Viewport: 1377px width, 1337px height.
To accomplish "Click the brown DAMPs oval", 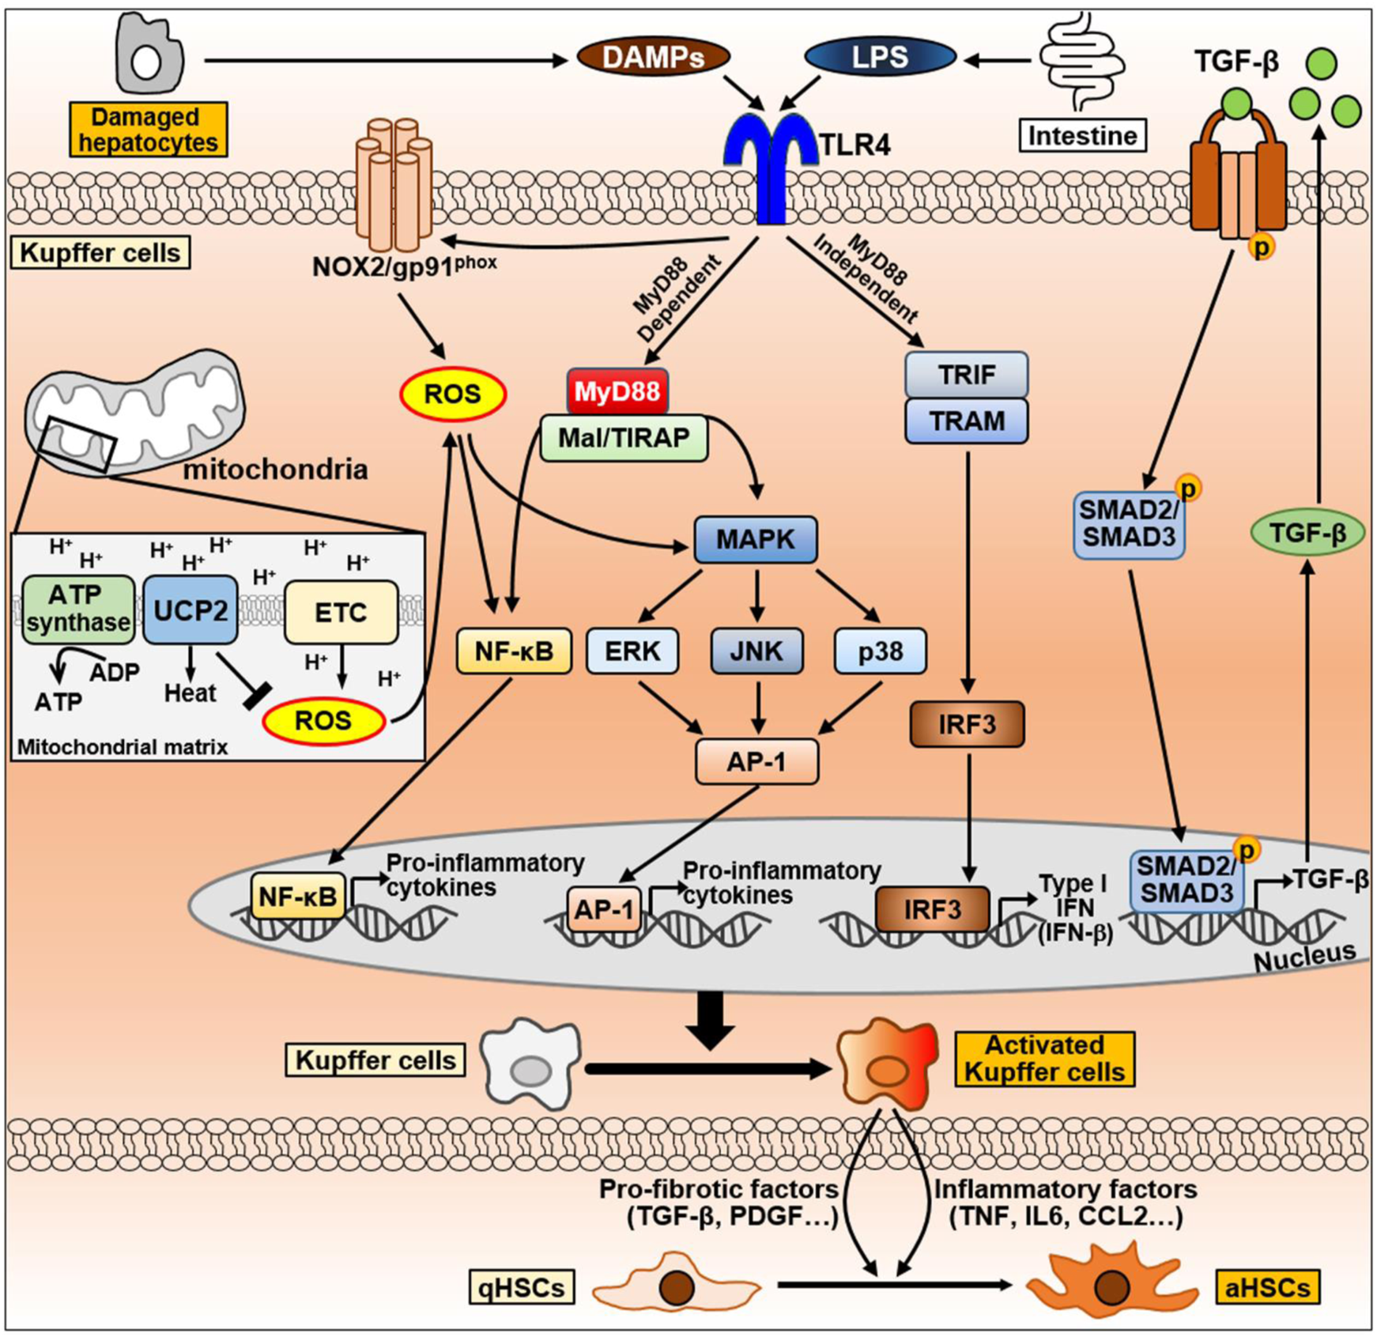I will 653,57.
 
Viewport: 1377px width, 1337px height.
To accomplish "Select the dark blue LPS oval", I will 880,57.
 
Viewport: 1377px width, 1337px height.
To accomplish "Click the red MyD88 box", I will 617,391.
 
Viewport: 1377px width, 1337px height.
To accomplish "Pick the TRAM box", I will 966,421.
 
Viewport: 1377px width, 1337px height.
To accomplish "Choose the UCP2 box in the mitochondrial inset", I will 190,610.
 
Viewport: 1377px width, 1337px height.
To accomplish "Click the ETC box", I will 341,612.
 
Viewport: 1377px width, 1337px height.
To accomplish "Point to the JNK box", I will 756,651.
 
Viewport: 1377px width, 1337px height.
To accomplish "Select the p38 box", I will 880,651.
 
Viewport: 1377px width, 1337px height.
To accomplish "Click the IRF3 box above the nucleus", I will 967,723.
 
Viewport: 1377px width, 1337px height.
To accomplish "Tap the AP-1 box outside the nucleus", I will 756,761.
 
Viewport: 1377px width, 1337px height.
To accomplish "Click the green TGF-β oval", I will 1307,534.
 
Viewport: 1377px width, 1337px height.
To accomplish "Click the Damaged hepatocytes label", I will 148,130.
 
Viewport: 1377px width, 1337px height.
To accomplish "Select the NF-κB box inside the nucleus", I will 298,896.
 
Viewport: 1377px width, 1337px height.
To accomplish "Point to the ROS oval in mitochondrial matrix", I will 323,721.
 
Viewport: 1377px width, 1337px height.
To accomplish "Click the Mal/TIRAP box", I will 624,437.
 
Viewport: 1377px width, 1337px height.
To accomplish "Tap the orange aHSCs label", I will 1266,1287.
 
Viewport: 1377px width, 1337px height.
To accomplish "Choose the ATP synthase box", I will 77,609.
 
